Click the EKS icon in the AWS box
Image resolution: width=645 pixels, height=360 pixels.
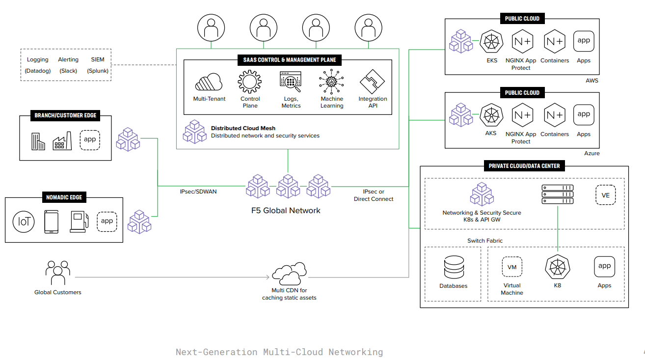(x=491, y=42)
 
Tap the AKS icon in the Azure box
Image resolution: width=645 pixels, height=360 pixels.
(x=491, y=115)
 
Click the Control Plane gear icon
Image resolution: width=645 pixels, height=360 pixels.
(x=250, y=82)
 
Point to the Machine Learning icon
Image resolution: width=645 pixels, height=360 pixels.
(x=332, y=82)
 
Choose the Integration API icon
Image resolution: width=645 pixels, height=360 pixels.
(x=373, y=82)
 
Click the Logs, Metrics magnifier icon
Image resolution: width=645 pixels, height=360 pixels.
(x=291, y=82)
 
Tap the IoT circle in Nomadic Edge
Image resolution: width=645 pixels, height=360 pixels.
(x=24, y=222)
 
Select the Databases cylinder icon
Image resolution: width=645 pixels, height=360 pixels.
(x=453, y=268)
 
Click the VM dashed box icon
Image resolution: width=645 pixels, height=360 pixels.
(x=512, y=267)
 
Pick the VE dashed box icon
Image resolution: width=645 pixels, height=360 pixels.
(x=605, y=195)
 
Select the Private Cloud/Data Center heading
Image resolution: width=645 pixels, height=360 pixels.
(x=524, y=166)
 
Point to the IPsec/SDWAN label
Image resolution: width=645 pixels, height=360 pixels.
(x=198, y=192)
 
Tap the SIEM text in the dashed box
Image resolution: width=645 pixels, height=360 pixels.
(x=98, y=59)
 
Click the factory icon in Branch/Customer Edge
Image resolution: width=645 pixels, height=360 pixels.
(x=62, y=140)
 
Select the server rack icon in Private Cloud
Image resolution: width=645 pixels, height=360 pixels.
(x=557, y=194)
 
